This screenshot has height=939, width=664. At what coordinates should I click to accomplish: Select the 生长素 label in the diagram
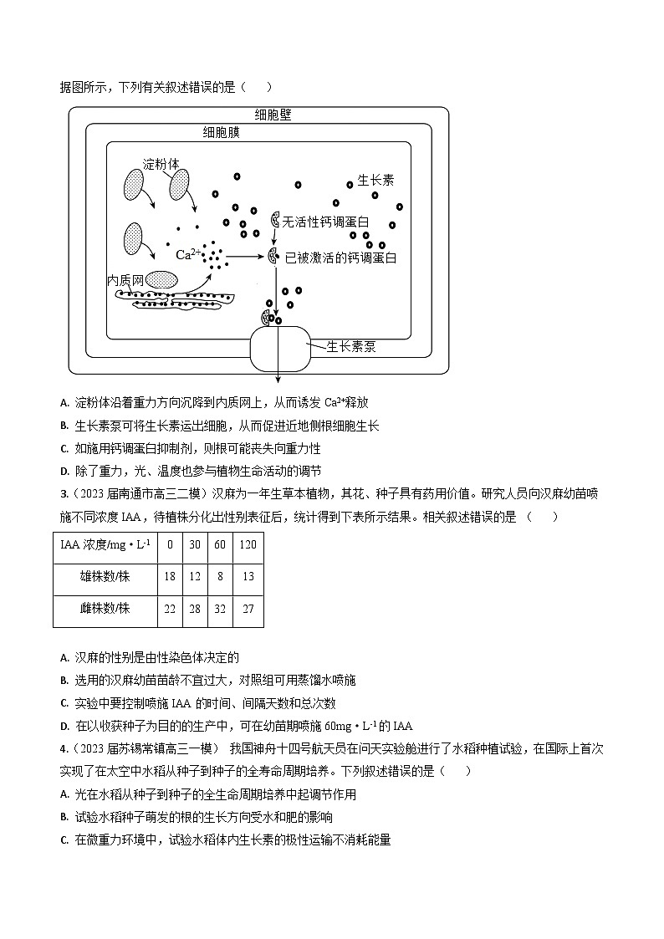point(375,180)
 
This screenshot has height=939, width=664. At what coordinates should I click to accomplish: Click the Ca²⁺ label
point(187,253)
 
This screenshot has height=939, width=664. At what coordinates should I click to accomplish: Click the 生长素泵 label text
point(350,346)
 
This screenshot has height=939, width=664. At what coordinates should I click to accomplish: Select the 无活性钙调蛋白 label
point(326,222)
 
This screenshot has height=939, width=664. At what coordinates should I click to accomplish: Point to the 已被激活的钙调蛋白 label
point(340,258)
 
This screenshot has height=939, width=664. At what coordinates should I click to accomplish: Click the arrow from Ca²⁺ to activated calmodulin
point(246,258)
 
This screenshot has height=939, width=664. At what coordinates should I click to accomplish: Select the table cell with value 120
point(248,544)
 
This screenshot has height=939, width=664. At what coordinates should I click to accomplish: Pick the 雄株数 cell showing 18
point(170,576)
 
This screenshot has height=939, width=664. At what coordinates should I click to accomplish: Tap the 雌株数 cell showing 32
point(220,609)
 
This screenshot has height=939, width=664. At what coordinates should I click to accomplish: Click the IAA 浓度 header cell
point(105,544)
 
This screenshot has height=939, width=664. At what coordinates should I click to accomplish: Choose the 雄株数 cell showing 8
point(220,576)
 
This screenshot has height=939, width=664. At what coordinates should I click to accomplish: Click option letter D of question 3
point(64,726)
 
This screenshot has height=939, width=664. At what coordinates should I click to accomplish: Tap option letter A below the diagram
point(64,402)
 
